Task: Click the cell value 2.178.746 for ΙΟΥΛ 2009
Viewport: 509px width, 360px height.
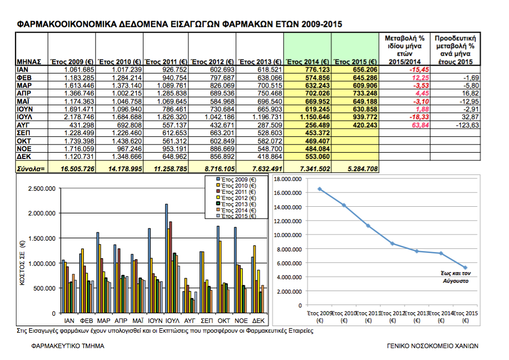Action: (79, 117)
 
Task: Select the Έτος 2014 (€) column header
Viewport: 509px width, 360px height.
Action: (307, 62)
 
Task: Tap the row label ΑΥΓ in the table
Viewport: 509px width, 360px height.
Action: (23, 125)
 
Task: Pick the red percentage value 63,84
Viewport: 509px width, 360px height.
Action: (421, 125)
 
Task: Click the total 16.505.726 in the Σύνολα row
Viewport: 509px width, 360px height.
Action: (77, 169)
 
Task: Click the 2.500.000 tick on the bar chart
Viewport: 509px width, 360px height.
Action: (42, 189)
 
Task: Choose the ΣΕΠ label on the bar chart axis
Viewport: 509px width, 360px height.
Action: (207, 321)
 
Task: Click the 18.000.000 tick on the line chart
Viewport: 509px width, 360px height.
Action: (287, 179)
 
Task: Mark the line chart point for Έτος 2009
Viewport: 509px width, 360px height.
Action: (320, 189)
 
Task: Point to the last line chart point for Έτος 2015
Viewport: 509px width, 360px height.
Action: (465, 268)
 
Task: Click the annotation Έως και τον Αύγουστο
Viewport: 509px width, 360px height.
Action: (456, 277)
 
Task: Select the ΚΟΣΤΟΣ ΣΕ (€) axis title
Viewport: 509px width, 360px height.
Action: (22, 263)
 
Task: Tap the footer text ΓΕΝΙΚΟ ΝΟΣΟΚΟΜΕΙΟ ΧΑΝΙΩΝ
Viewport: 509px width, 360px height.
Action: (432, 346)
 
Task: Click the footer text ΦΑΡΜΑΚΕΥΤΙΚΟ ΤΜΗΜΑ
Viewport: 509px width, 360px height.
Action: (68, 346)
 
